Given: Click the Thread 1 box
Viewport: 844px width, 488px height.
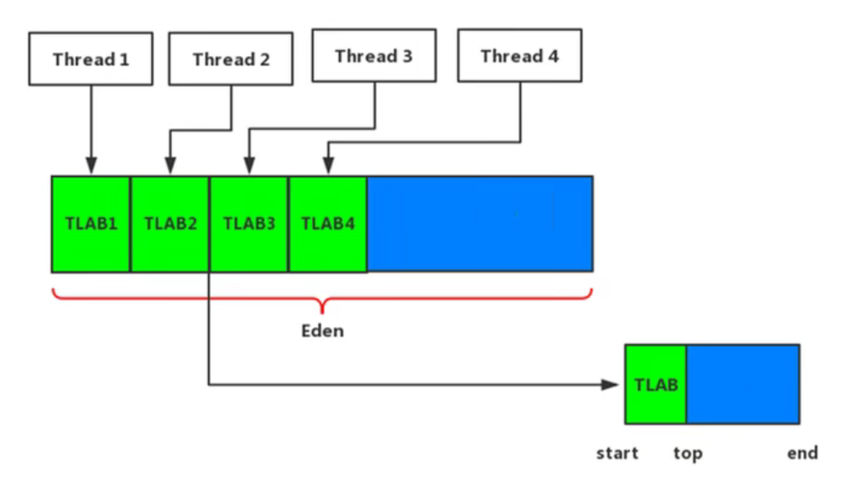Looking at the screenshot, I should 91,59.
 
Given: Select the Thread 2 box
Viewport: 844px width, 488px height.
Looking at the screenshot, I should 231,60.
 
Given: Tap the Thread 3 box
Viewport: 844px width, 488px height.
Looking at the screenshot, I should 373,56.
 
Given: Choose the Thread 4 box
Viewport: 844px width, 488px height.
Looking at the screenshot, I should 519,56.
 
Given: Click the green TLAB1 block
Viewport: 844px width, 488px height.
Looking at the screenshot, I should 91,224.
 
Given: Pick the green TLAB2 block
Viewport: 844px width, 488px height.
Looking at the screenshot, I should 169,224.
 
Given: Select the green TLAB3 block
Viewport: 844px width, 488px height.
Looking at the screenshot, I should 249,224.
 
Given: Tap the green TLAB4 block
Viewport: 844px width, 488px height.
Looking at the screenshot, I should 328,224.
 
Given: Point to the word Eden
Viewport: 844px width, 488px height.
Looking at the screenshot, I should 323,330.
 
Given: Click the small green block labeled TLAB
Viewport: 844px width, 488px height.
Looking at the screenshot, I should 656,384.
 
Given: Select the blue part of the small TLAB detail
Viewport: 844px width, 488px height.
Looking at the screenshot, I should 742,384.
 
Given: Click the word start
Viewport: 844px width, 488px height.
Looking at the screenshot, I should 617,454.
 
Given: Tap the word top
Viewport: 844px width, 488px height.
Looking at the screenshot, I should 688,454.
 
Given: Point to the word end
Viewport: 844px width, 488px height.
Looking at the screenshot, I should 802,454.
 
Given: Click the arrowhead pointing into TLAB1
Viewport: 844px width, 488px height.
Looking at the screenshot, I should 91,168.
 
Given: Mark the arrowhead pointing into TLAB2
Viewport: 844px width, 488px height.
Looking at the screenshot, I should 169,168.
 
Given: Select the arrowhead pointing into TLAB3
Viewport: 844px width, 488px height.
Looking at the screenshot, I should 248,168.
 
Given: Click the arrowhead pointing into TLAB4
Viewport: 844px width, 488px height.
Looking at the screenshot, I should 328,168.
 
